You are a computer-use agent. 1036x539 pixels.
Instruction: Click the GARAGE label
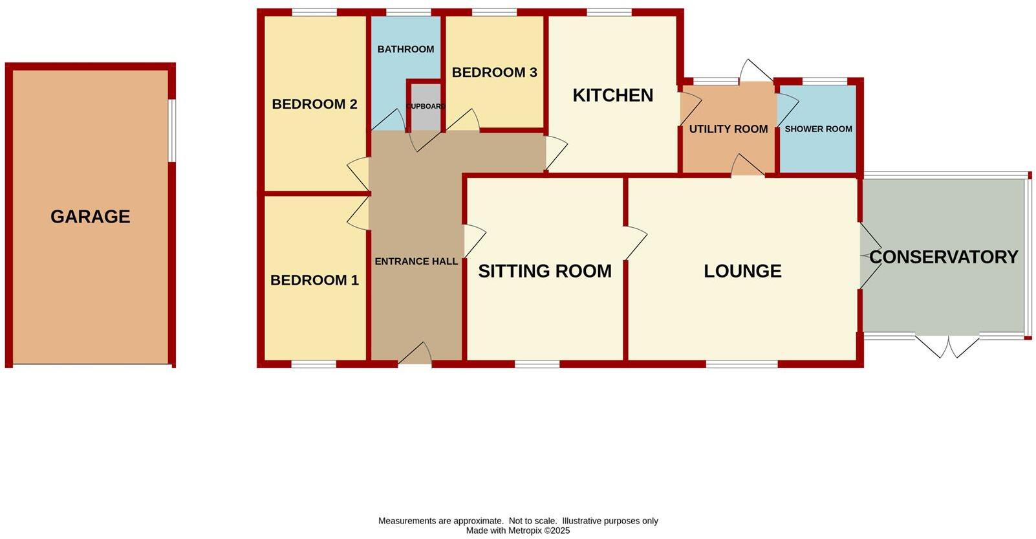91,217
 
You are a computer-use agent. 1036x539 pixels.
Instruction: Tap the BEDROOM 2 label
314,104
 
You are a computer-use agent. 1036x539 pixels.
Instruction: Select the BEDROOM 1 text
314,280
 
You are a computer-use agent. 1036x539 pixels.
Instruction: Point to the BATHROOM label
405,49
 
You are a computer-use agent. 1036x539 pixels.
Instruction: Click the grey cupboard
425,107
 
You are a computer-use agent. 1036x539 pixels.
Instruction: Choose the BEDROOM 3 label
494,72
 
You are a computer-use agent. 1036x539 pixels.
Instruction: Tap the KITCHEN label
612,95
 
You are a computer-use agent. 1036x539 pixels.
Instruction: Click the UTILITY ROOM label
728,129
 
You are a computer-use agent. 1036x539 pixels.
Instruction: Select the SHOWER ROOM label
818,129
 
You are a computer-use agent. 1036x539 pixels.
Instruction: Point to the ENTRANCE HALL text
416,261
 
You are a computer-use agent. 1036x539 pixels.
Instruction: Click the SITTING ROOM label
545,271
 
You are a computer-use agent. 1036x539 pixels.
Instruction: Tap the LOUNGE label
742,271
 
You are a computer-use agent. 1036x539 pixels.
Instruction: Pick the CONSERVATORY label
944,257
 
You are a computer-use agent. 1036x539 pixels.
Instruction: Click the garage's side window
172,130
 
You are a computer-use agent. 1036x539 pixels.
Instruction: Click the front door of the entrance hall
415,355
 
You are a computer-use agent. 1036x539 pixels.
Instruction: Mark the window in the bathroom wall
408,12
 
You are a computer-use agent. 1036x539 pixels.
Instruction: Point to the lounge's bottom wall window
741,365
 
